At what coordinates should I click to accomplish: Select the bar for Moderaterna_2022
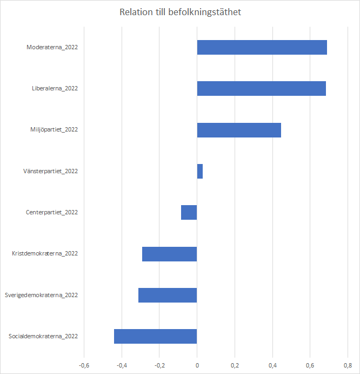coord(262,47)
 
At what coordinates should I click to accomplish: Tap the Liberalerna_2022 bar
coord(261,88)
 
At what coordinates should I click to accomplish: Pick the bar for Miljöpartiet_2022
coord(239,130)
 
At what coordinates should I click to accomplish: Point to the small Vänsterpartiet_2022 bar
coord(199,171)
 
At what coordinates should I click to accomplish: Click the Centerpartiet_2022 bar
coord(189,212)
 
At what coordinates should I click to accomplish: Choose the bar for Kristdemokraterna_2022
coord(170,254)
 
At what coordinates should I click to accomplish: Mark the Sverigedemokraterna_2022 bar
coord(168,295)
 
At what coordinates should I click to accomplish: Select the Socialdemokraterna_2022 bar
coord(156,336)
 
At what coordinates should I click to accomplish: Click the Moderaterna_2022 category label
coord(52,47)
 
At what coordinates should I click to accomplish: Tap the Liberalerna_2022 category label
coord(55,88)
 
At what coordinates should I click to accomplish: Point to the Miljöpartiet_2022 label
coord(54,130)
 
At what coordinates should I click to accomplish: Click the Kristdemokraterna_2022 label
coord(45,254)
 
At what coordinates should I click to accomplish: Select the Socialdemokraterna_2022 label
coord(43,336)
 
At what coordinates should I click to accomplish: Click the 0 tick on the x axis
coord(197,365)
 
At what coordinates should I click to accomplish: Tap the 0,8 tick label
coord(348,365)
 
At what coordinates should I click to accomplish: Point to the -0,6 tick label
coord(84,365)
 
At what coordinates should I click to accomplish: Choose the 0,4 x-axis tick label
coord(272,365)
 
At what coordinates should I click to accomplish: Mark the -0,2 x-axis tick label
coord(159,365)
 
